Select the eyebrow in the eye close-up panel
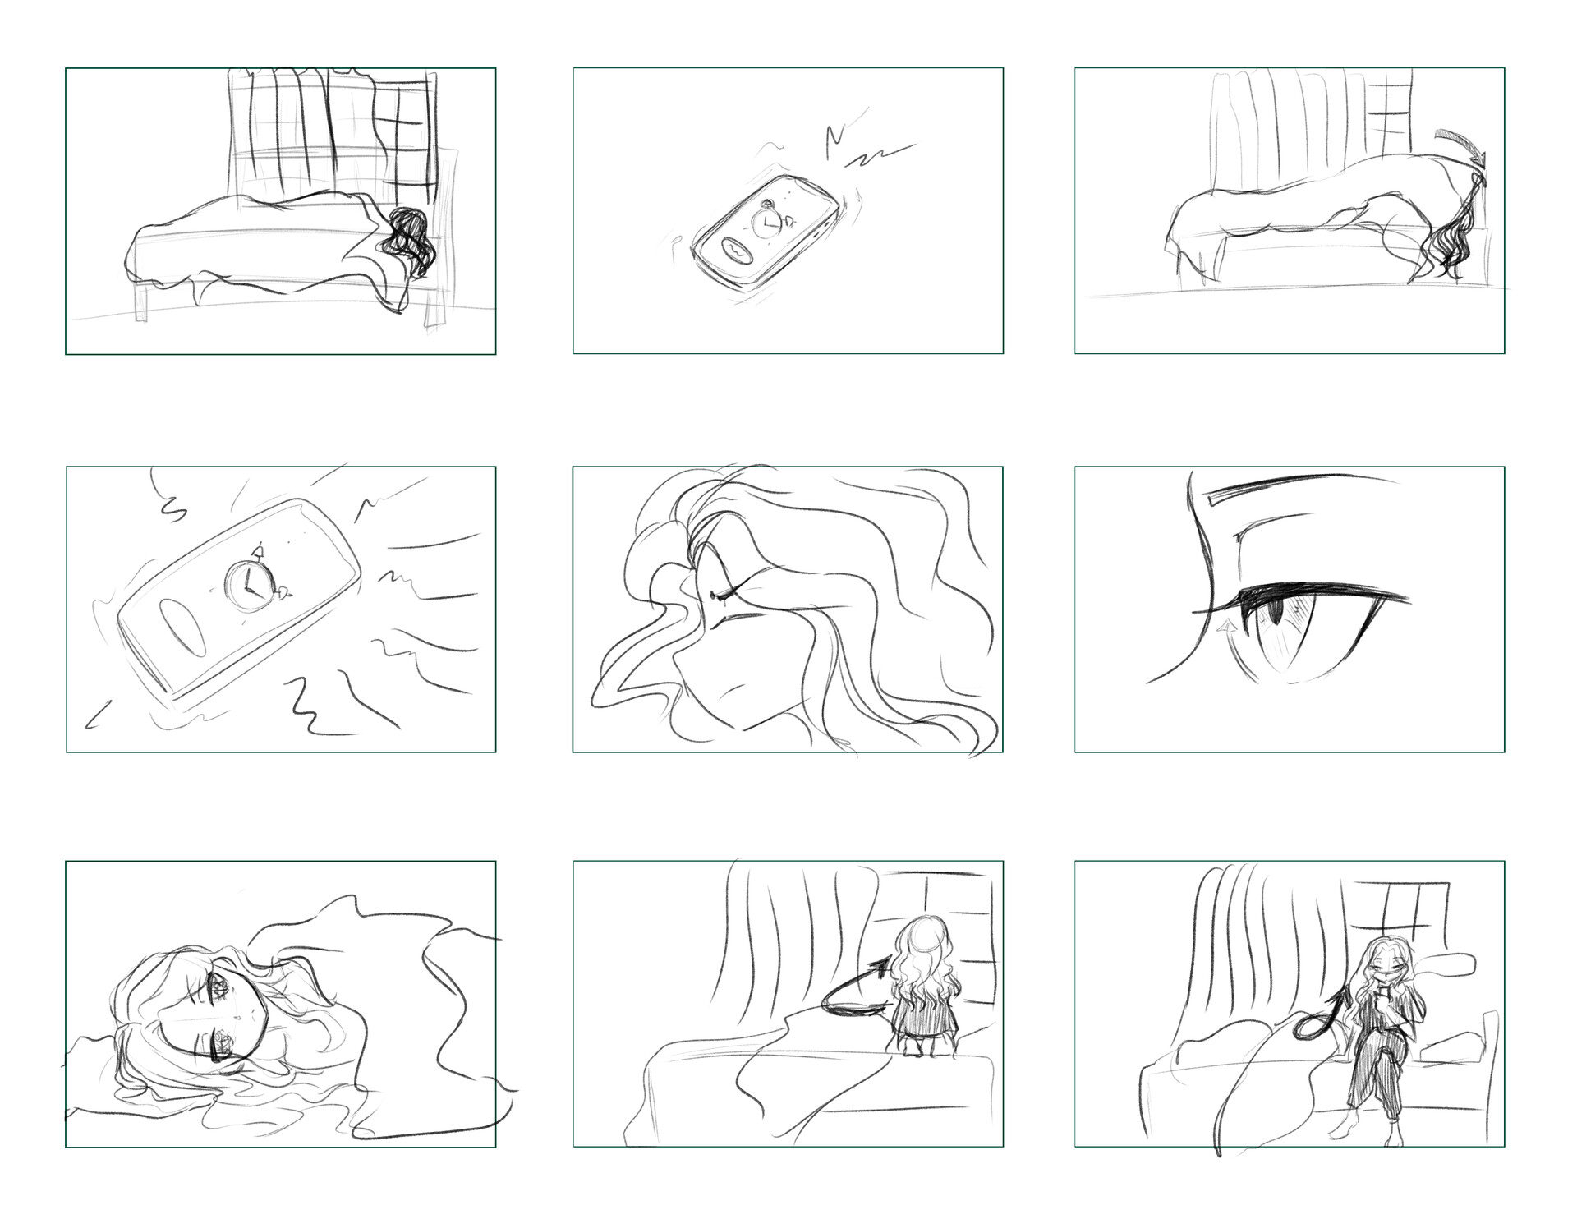[x=1302, y=488]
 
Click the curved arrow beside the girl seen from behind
[x=854, y=990]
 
